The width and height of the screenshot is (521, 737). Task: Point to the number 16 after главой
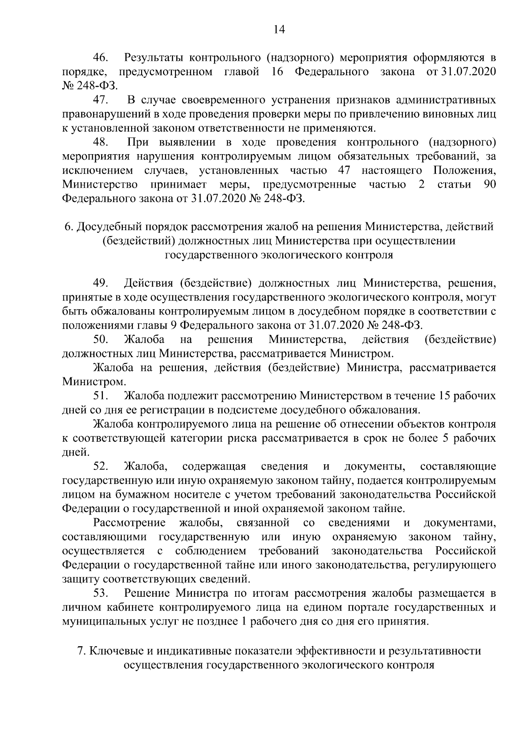tap(277, 72)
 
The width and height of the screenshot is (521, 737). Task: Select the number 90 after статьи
tap(489, 185)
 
